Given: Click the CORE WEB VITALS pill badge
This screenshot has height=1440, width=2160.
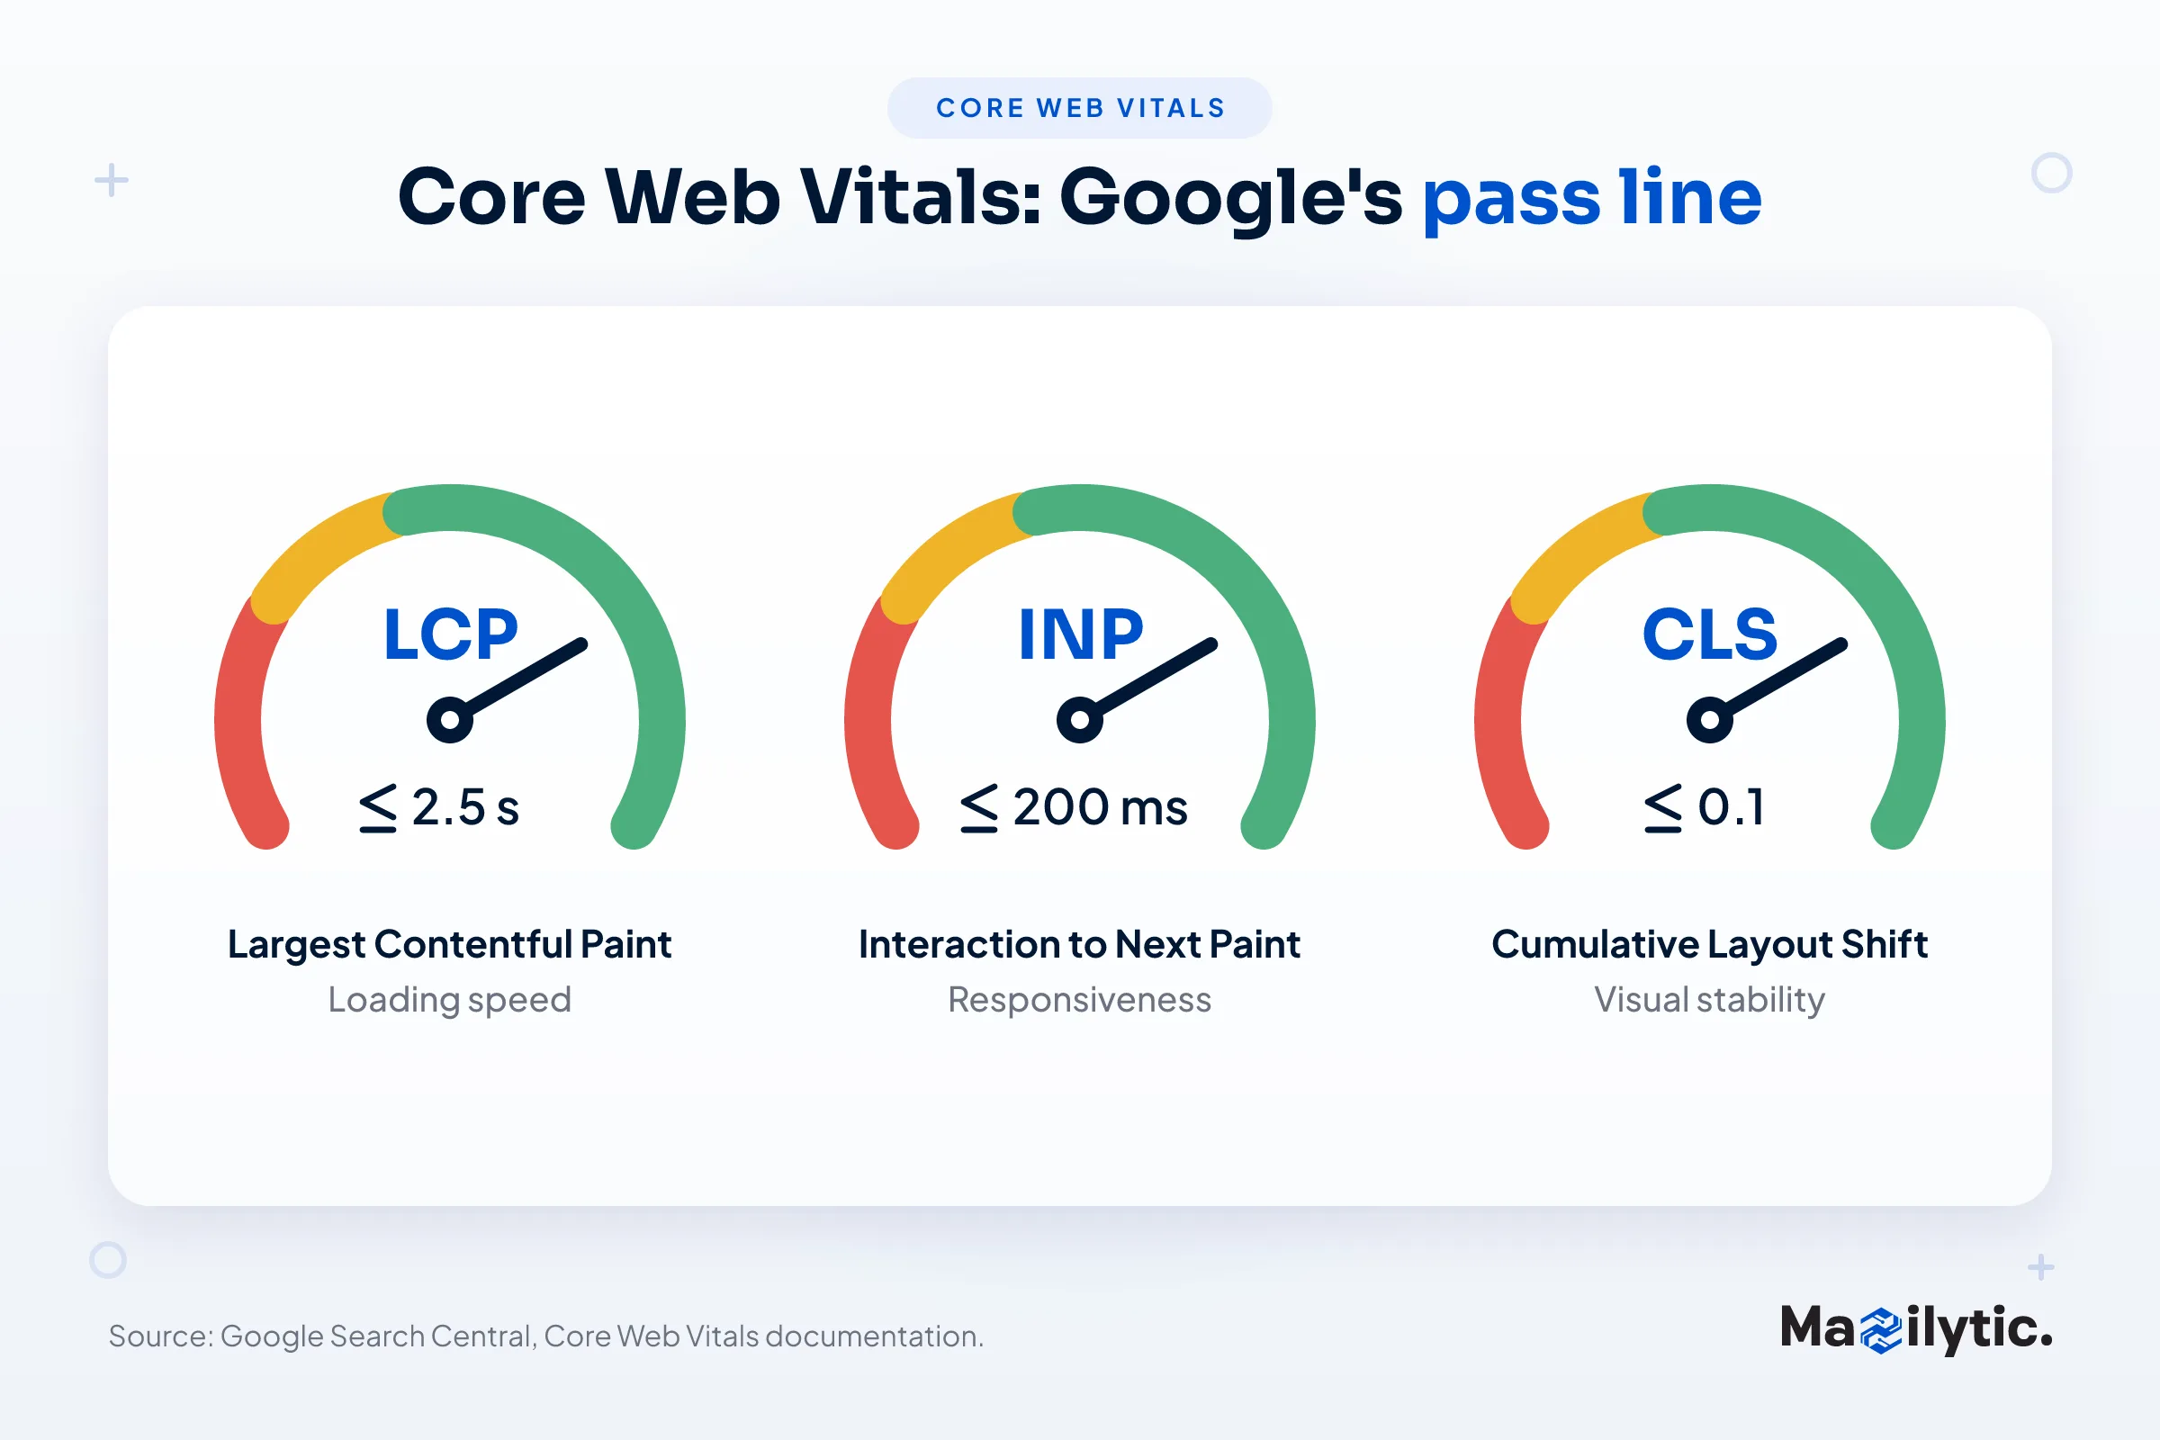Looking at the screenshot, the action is [x=1079, y=108].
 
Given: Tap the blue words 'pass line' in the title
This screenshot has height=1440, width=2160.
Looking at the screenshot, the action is [x=1591, y=197].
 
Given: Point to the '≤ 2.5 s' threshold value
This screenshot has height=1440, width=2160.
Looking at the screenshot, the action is [x=439, y=808].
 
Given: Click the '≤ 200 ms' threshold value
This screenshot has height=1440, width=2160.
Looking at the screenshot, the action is [x=1074, y=808].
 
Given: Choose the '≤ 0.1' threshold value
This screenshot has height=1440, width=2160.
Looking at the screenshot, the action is [x=1705, y=808].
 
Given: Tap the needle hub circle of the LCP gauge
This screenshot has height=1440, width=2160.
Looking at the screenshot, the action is [x=450, y=720].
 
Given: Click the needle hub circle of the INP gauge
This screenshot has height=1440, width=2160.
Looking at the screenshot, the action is [x=1080, y=720].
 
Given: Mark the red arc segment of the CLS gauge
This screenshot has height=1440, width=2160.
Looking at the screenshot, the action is [x=1502, y=725].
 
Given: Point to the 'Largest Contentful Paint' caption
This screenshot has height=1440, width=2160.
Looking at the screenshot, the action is [x=450, y=945].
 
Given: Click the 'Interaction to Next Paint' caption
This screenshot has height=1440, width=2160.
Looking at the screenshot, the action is [x=1080, y=945].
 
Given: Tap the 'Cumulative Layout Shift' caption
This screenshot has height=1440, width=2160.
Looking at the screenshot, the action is [x=1710, y=945].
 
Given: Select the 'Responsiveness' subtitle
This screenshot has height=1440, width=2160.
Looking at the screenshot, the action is [x=1080, y=1000].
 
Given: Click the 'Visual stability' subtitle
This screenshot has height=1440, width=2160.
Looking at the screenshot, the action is [x=1710, y=1000].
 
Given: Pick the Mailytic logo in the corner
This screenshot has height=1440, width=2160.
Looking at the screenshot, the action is [x=1917, y=1329].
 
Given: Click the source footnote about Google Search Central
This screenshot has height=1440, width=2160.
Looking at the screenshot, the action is [x=546, y=1336].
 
